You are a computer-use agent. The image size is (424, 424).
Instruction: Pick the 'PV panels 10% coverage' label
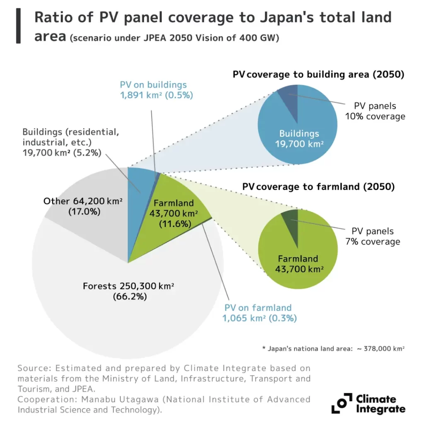coord(375,111)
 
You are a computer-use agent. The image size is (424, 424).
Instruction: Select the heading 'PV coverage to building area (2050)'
coord(318,75)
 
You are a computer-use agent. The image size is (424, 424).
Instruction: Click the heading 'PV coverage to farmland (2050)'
coord(318,187)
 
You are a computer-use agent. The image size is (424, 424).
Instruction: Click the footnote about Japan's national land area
coord(333,348)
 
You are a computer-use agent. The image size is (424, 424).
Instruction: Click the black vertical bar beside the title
coord(18,26)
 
